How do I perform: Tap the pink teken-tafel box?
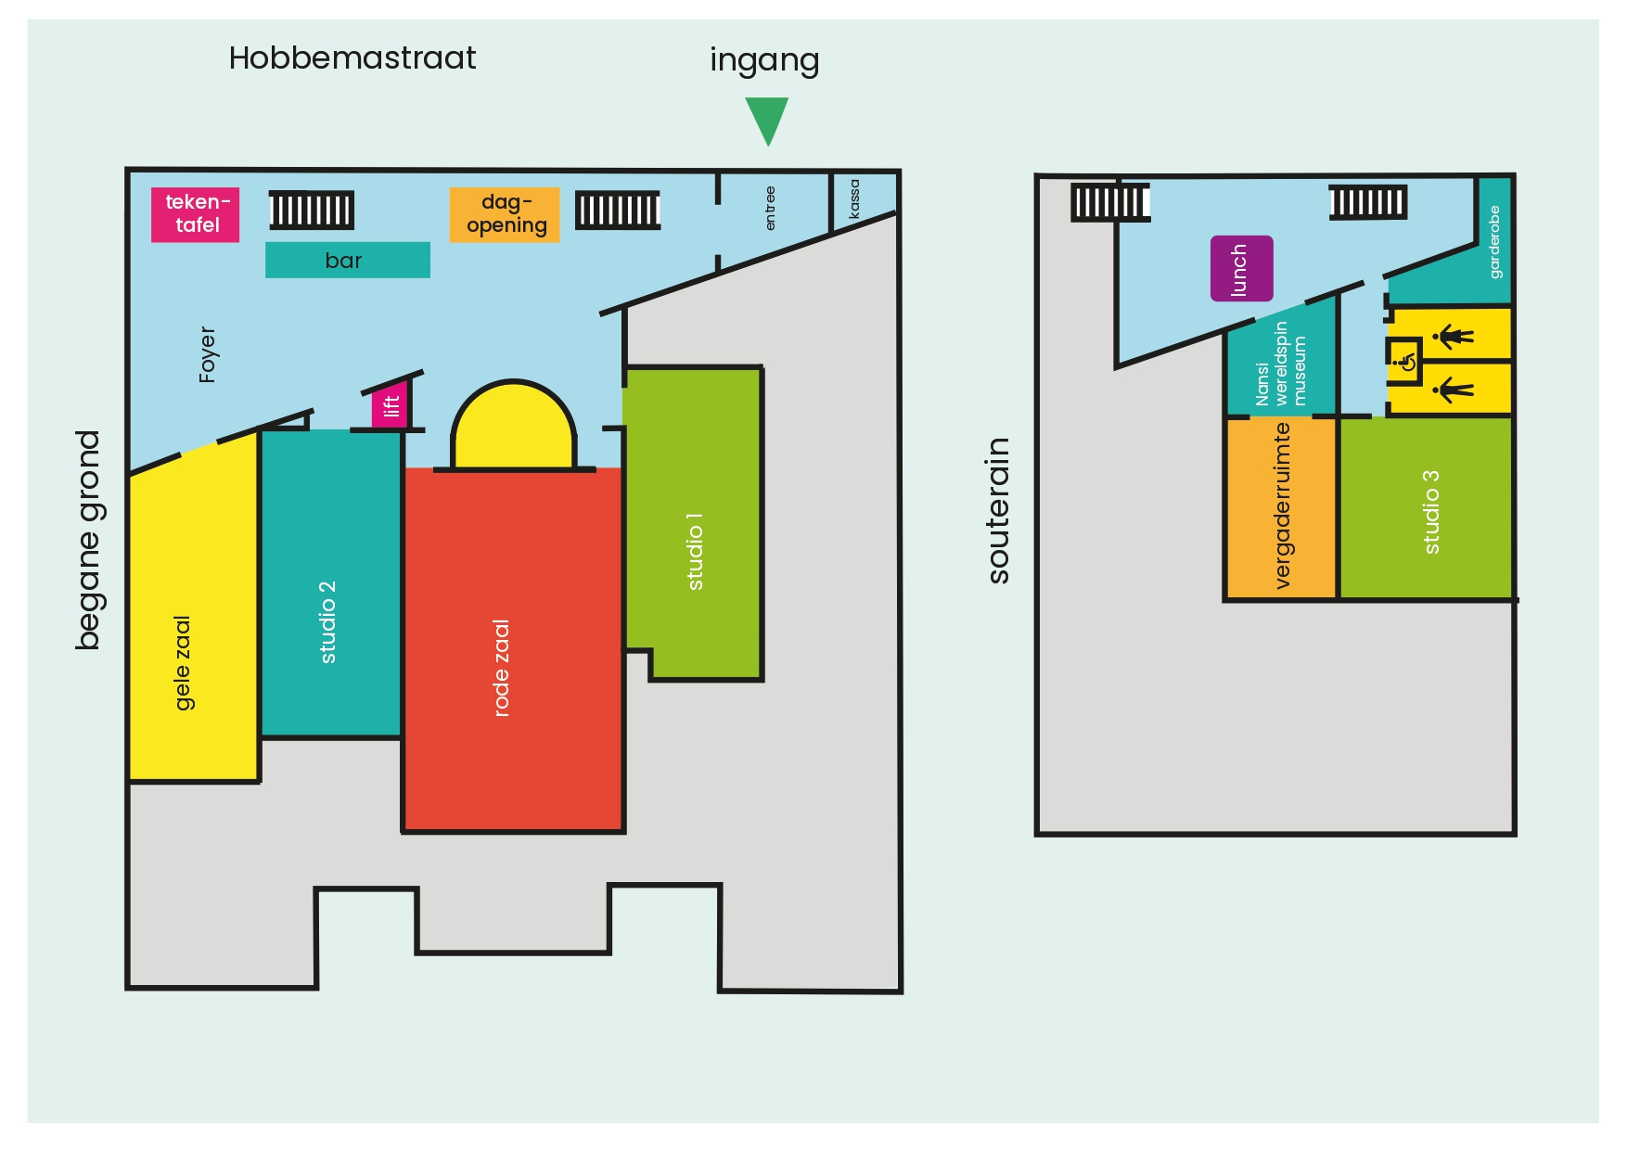point(196,214)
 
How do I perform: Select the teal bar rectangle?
point(348,260)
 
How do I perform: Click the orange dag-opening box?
point(505,215)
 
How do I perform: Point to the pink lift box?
point(391,405)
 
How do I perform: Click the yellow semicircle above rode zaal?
point(513,427)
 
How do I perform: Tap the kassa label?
point(854,199)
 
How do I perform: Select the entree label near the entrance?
point(770,209)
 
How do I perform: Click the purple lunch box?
point(1241,268)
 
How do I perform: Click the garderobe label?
point(1494,242)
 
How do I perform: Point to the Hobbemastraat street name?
point(352,58)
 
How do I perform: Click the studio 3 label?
point(1431,512)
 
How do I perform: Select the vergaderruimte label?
point(1282,505)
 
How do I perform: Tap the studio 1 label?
point(695,551)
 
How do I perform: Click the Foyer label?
point(207,354)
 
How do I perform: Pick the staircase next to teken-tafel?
point(312,211)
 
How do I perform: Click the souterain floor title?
point(998,510)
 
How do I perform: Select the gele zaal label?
point(183,663)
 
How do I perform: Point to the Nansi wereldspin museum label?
point(1281,364)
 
